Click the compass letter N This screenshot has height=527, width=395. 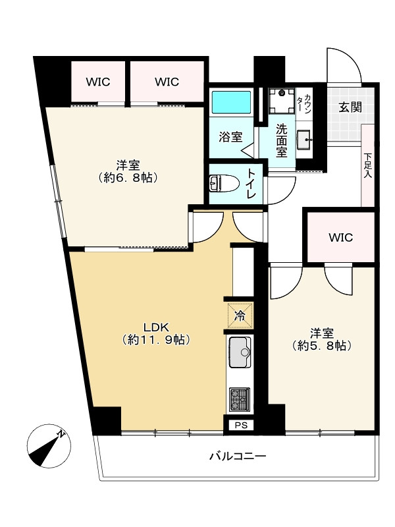pyautogui.click(x=61, y=433)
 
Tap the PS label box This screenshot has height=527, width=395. pyautogui.click(x=241, y=425)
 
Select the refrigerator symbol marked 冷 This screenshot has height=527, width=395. pyautogui.click(x=240, y=316)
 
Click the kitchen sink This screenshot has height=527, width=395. pyautogui.click(x=240, y=352)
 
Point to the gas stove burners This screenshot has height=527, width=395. pyautogui.click(x=240, y=400)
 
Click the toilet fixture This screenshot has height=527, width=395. pyautogui.click(x=223, y=184)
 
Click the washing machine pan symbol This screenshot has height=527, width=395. pyautogui.click(x=282, y=100)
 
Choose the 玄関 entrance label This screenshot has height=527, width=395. pyautogui.click(x=350, y=107)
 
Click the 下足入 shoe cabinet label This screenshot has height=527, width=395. pyautogui.click(x=368, y=165)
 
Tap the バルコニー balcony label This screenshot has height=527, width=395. pyautogui.click(x=238, y=456)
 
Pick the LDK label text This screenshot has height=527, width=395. pyautogui.click(x=156, y=327)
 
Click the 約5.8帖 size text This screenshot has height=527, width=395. pyautogui.click(x=322, y=345)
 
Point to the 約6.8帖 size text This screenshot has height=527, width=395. pyautogui.click(x=128, y=177)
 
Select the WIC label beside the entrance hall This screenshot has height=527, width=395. pyautogui.click(x=341, y=238)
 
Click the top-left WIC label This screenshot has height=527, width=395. pyautogui.click(x=98, y=82)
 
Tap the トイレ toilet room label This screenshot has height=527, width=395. pyautogui.click(x=252, y=184)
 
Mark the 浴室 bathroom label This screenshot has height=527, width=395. pyautogui.click(x=230, y=137)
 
